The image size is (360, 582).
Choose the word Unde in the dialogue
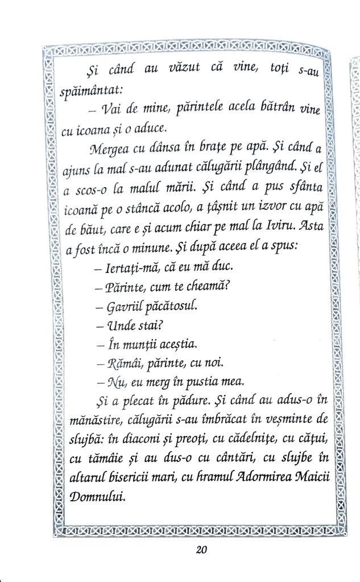[x=120, y=325]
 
